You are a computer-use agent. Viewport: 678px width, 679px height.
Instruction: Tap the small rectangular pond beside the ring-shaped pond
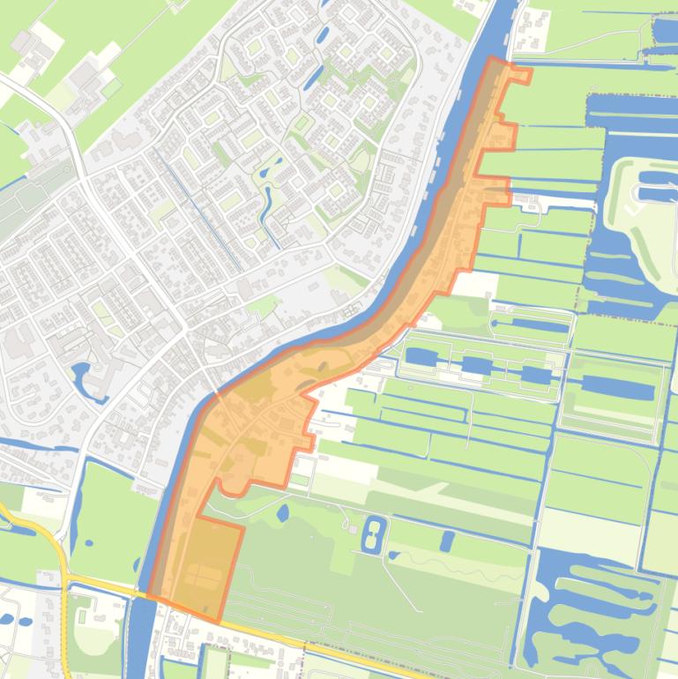pyautogui.click(x=447, y=540)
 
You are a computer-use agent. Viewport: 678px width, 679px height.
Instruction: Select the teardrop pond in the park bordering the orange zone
pyautogui.click(x=283, y=511)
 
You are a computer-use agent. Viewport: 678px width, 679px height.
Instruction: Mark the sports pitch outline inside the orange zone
pyautogui.click(x=201, y=577)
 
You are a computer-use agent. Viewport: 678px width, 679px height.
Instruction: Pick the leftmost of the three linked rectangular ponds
pyautogui.click(x=421, y=358)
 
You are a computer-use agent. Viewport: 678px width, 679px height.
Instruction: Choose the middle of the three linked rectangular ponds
pyautogui.click(x=477, y=365)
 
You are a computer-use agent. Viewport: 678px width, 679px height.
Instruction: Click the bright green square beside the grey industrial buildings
pyautogui.click(x=111, y=87)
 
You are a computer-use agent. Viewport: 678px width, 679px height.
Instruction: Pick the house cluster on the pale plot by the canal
pyautogui.click(x=531, y=28)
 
